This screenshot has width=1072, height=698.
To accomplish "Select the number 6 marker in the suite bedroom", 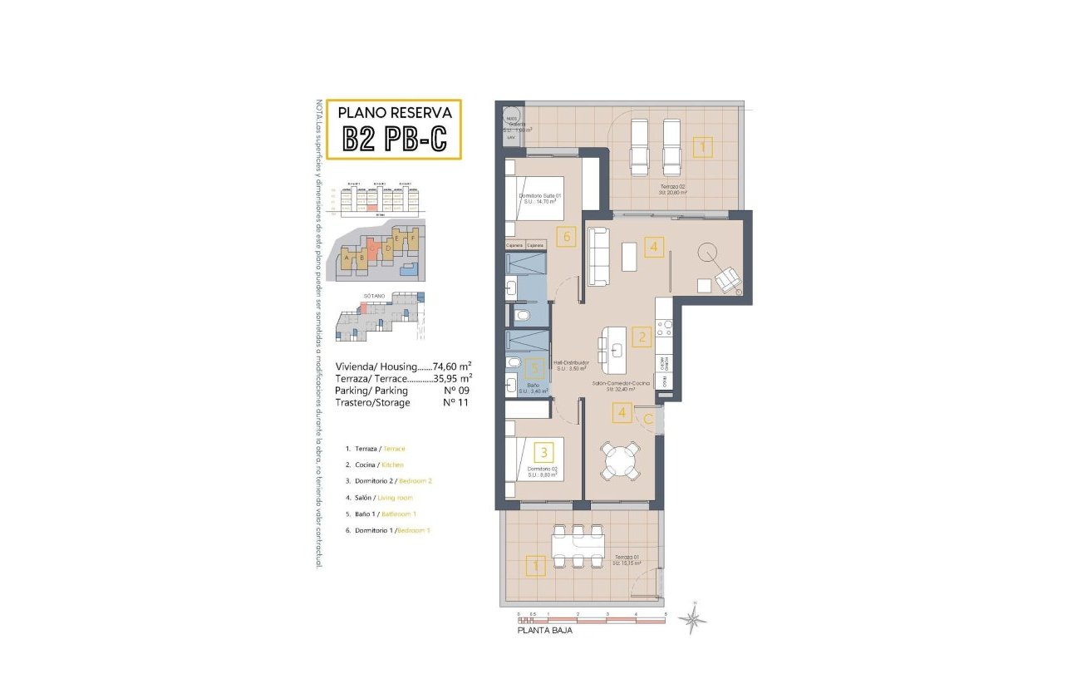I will click(x=568, y=237).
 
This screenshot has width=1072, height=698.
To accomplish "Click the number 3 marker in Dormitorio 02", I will click(x=543, y=453).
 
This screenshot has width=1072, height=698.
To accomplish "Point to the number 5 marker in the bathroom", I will click(x=537, y=368).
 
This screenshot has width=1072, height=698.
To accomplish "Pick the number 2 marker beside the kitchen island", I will click(x=641, y=337).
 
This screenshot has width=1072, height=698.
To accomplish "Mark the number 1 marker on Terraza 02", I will click(x=702, y=148).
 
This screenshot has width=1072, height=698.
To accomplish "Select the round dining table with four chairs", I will click(x=622, y=461).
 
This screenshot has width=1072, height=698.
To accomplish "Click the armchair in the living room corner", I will click(x=727, y=279).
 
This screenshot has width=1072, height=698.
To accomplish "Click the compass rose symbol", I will click(x=692, y=618).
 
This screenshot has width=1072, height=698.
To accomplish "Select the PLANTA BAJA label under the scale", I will click(x=544, y=631).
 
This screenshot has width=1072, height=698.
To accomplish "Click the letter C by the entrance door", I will click(x=647, y=419).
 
